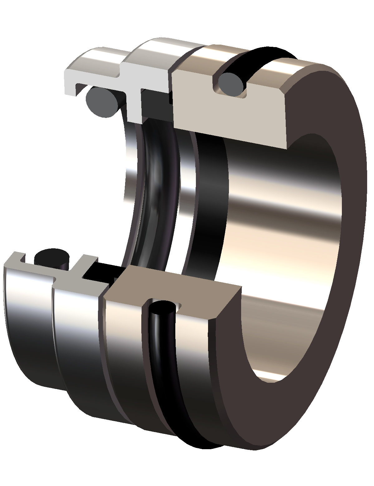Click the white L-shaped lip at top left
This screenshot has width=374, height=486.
click(x=72, y=81)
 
